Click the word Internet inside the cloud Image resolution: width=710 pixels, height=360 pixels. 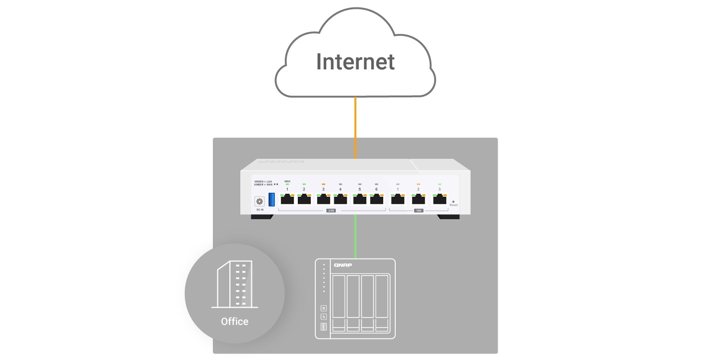pos(355,62)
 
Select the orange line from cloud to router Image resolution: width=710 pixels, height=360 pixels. pos(355,127)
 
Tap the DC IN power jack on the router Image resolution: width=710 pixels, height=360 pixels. pos(259,201)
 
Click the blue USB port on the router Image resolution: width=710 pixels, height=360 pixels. pos(272,199)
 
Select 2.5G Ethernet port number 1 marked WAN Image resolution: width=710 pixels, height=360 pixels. pos(287,200)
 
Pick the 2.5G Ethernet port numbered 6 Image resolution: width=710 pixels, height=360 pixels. pos(376,200)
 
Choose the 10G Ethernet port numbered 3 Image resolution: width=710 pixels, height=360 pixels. pos(439,200)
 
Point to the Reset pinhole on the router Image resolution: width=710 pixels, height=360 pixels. pos(453,202)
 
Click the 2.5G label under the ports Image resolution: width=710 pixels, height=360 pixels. pos(331,211)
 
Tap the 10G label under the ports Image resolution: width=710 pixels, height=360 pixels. pos(418,211)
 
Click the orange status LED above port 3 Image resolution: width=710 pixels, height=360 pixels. pos(323,184)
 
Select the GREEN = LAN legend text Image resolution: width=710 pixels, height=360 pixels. pos(263,181)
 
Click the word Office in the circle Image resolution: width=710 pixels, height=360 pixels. pos(234,321)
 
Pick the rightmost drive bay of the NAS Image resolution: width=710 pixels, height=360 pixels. pos(382,303)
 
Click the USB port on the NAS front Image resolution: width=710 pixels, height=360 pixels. pos(323,327)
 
